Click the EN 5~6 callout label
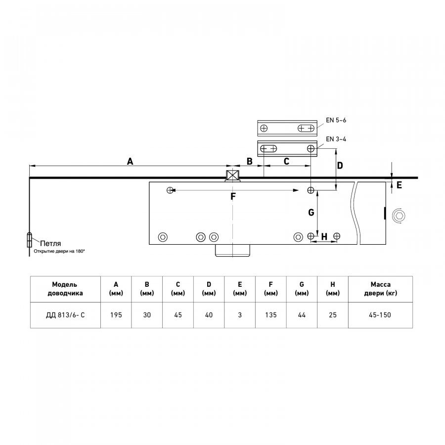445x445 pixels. (336, 120)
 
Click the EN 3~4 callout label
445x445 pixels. (336, 139)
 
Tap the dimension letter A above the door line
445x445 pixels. (130, 162)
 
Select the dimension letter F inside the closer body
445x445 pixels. (233, 196)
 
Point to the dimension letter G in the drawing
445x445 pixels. (311, 212)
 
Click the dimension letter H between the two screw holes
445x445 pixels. (324, 236)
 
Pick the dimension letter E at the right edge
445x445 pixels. (399, 185)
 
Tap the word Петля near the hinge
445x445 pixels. (50, 243)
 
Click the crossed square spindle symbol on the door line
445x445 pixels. (233, 176)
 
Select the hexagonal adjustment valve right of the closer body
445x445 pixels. (399, 216)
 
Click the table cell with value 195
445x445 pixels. (116, 315)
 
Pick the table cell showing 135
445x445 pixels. (271, 315)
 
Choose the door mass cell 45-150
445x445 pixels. (380, 315)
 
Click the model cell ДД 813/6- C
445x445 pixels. (65, 315)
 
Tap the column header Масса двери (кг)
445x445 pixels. (380, 289)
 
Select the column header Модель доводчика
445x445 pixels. (65, 289)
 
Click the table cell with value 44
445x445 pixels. (302, 315)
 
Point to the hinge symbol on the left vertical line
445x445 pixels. (29, 240)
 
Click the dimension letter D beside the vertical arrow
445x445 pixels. (340, 166)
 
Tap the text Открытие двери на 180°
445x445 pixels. (59, 251)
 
